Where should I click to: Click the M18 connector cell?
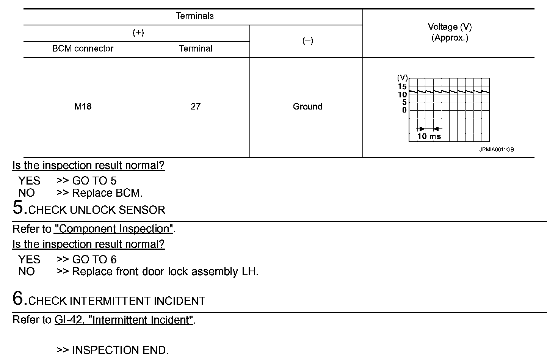83,106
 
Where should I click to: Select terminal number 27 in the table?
196,106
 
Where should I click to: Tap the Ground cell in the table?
307,106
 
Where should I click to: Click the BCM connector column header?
83,49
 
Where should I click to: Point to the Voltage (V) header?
450,27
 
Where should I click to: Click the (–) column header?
307,41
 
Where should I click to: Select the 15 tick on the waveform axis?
402,87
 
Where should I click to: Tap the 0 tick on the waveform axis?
404,110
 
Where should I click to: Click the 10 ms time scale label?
429,136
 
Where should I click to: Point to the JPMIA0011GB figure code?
496,150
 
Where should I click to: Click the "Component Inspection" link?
114,229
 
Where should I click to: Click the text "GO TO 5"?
94,181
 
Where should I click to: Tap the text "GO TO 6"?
94,260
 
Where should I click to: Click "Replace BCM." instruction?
107,193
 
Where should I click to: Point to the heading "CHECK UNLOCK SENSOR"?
97,210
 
